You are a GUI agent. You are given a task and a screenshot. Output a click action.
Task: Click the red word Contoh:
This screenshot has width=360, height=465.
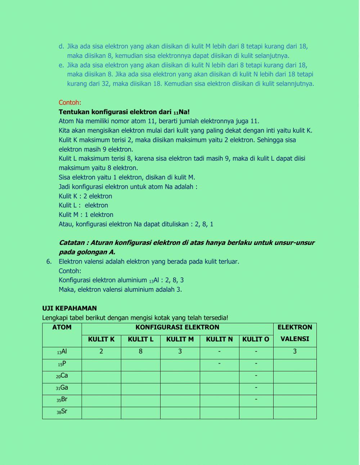tap(70, 102)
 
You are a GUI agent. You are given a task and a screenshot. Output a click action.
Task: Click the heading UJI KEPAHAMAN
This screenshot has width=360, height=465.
tap(69, 308)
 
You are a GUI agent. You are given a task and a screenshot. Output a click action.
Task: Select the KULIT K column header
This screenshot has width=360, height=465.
tap(101, 339)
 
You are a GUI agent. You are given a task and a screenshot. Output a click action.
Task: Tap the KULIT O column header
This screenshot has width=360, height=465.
tap(256, 339)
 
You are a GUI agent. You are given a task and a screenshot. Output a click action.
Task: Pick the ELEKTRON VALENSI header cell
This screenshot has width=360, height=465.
tap(294, 333)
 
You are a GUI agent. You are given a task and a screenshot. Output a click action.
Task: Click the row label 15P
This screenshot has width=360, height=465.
tap(62, 364)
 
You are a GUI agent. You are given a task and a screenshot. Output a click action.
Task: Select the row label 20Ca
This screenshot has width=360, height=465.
tap(62, 376)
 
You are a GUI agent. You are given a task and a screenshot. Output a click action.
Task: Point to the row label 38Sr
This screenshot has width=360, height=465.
tap(62, 411)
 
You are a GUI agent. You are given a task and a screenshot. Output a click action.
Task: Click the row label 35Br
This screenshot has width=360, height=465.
tap(62, 399)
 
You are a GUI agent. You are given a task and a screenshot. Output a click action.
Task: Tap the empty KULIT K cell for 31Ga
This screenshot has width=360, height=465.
tap(101, 389)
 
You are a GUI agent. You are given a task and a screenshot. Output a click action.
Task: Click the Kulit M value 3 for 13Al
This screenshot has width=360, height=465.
tap(180, 351)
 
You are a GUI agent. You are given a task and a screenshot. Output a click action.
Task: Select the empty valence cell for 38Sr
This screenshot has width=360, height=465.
tap(294, 413)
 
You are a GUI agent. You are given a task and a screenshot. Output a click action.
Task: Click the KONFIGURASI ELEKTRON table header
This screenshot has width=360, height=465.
tap(177, 327)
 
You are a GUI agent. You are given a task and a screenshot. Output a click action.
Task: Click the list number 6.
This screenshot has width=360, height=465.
tap(49, 261)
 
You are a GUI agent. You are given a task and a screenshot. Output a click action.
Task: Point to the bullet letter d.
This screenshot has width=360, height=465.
tap(61, 46)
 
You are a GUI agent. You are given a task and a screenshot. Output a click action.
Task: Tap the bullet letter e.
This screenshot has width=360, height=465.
tap(61, 65)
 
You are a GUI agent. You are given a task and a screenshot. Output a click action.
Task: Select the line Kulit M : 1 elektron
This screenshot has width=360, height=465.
tap(86, 215)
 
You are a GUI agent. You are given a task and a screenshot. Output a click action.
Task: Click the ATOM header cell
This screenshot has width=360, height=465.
tap(62, 327)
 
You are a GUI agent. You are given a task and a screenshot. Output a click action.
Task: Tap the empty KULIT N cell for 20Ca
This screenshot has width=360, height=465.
tap(219, 377)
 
